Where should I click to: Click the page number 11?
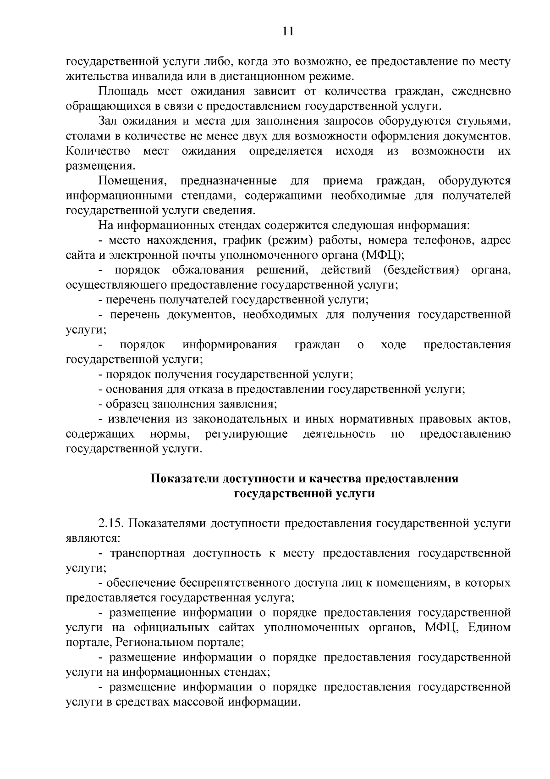coord(288,31)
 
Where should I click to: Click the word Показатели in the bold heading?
coord(185,479)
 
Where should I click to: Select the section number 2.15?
coord(111,523)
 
